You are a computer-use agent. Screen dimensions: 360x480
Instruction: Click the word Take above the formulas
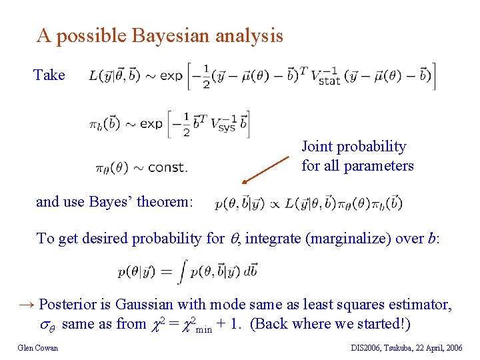click(49, 75)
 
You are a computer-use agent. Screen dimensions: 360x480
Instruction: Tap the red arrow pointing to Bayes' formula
click(267, 171)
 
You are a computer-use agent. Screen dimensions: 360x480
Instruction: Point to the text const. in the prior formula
click(167, 167)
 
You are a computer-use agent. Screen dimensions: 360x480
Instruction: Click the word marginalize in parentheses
click(345, 238)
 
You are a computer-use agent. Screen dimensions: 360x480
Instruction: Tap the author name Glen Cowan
click(38, 347)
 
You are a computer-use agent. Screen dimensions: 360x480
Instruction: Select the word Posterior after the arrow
click(71, 305)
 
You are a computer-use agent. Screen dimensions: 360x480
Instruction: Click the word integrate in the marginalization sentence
click(271, 238)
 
